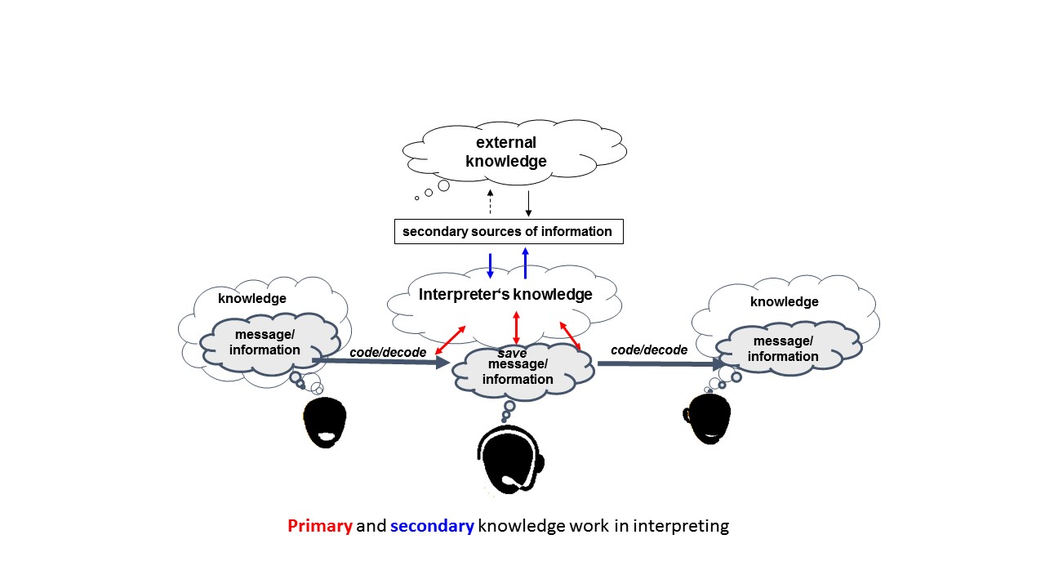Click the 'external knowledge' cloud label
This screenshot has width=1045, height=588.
[506, 152]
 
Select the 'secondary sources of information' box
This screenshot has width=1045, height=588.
[507, 231]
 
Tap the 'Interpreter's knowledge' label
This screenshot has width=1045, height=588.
[505, 295]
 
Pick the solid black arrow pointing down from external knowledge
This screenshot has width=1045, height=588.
[528, 203]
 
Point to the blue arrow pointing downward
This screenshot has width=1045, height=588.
[490, 265]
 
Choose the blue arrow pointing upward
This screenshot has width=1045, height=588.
[525, 263]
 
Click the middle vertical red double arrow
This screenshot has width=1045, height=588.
[516, 327]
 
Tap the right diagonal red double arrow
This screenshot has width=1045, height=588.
[570, 336]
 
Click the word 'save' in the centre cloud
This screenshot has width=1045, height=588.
[513, 353]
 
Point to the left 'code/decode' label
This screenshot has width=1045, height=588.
[388, 352]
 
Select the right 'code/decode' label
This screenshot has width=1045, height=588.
[649, 350]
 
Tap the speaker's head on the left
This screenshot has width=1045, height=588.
[325, 421]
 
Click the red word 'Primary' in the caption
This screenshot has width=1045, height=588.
[319, 526]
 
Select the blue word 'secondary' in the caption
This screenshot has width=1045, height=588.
[432, 526]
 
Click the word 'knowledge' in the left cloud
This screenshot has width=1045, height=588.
[252, 299]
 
